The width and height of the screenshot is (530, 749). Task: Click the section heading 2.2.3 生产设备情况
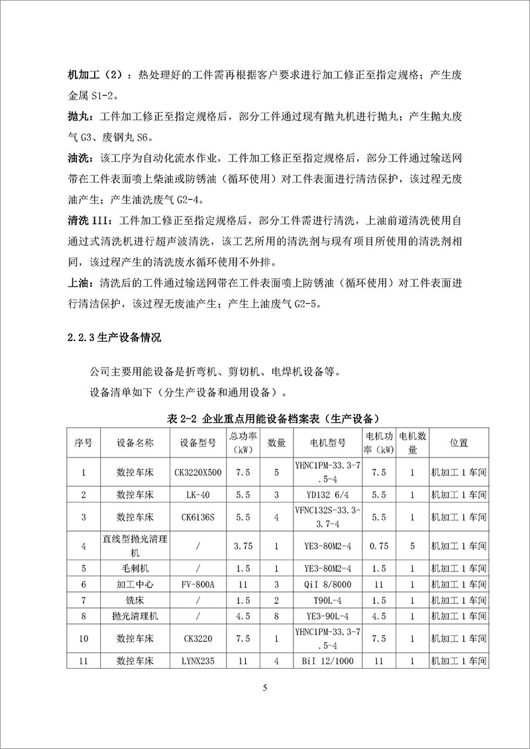tap(114, 337)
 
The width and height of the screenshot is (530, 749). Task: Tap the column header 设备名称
tap(135, 442)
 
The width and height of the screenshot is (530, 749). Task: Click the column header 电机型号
tap(328, 442)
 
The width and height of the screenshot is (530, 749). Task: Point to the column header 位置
tap(458, 442)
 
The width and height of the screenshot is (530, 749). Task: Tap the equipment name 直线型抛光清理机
tap(135, 546)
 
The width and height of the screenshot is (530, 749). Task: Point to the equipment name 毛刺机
tap(135, 568)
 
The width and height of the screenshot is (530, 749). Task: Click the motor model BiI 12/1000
tap(328, 661)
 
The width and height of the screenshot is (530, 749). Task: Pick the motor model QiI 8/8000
tap(328, 585)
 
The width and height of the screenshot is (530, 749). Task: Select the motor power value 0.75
tap(380, 546)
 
